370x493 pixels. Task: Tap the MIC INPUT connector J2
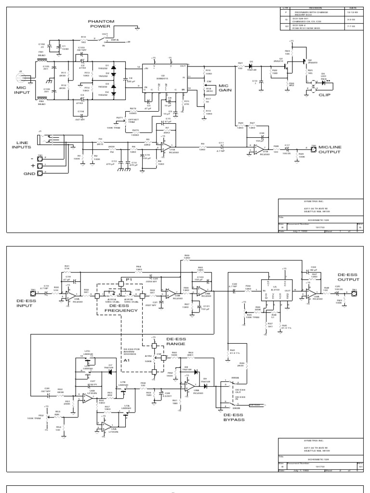click(x=21, y=73)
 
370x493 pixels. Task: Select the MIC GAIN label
click(x=225, y=89)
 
